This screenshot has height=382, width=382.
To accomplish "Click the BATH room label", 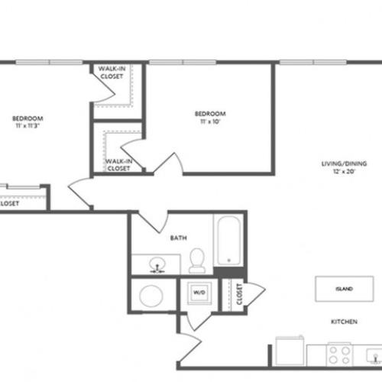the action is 178,238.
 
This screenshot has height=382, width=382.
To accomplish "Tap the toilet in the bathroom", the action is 197,261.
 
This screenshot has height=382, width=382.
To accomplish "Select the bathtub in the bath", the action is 228,241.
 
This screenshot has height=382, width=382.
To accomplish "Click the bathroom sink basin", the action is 157,264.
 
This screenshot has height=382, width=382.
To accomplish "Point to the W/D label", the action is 199,292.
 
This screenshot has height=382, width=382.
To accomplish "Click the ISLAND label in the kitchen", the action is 344,289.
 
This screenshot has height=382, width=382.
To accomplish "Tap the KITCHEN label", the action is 344,322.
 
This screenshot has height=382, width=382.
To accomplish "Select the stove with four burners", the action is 339,354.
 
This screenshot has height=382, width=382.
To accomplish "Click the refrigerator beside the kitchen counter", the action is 290,351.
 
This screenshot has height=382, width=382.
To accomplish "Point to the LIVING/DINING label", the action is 344,163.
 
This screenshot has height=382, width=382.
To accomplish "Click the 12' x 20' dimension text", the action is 344,171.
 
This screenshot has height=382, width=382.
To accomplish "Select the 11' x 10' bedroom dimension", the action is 210,121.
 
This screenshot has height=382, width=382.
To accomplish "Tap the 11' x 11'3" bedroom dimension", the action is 27,125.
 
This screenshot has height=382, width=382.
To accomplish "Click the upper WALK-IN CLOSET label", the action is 112,73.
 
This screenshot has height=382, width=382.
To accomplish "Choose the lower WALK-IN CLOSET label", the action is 118,165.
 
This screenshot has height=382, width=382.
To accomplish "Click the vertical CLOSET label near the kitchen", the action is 239,294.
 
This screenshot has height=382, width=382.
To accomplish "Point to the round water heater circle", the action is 151,296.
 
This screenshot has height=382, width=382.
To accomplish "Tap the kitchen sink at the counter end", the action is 374,355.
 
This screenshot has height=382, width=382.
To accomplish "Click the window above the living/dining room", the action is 313,62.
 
